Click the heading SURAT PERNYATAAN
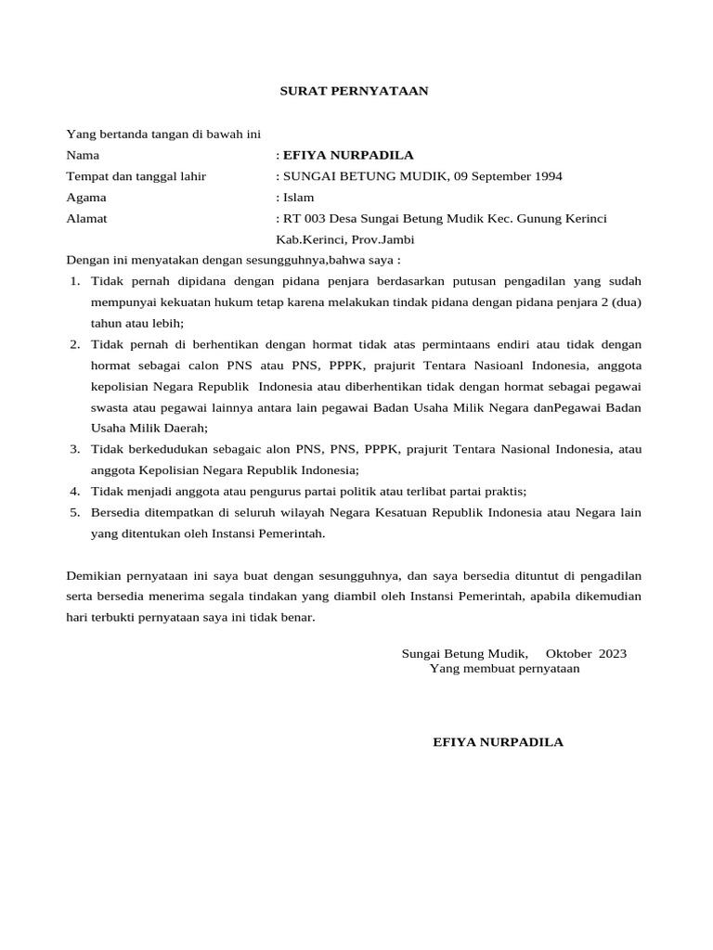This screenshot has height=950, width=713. (x=355, y=91)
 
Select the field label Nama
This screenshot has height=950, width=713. (x=83, y=155)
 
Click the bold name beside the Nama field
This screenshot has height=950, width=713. (x=348, y=155)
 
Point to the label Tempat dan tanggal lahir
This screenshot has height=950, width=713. (x=136, y=176)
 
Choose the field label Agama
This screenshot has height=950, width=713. (x=86, y=198)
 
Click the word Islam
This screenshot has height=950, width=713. (x=298, y=198)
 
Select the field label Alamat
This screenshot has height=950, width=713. (x=87, y=219)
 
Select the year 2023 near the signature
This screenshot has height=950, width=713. (x=613, y=653)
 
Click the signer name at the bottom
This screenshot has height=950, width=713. (x=499, y=742)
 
